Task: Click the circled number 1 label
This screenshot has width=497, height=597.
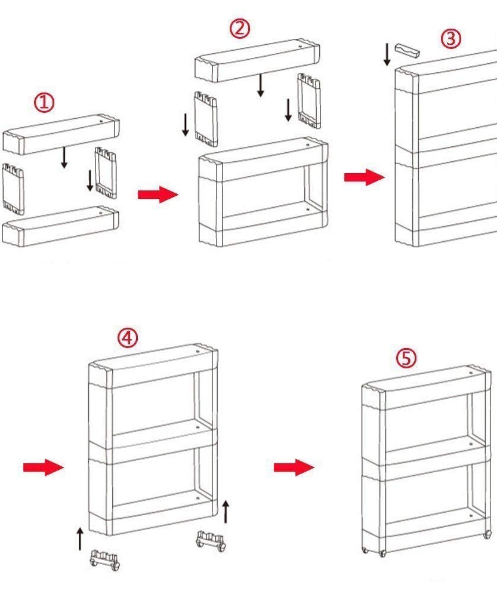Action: [44, 103]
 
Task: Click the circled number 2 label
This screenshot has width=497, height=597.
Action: [240, 28]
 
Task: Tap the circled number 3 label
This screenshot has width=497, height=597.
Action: [451, 39]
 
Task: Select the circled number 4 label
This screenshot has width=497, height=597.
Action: [127, 338]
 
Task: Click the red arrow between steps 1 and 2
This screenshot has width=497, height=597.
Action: [158, 195]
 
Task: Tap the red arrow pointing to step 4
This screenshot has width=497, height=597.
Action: [44, 467]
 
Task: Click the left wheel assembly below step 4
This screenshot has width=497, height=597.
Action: [105, 559]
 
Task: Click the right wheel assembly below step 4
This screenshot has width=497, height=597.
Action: [211, 541]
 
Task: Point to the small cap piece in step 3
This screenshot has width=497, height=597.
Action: [407, 50]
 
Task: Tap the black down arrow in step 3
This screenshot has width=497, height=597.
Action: [387, 54]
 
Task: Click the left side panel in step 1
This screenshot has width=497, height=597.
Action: [13, 188]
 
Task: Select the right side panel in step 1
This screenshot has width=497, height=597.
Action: [106, 173]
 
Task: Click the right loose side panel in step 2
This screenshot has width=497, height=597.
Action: [309, 100]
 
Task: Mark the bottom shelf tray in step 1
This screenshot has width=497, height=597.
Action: [60, 225]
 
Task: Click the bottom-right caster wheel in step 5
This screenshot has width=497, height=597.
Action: [487, 533]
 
